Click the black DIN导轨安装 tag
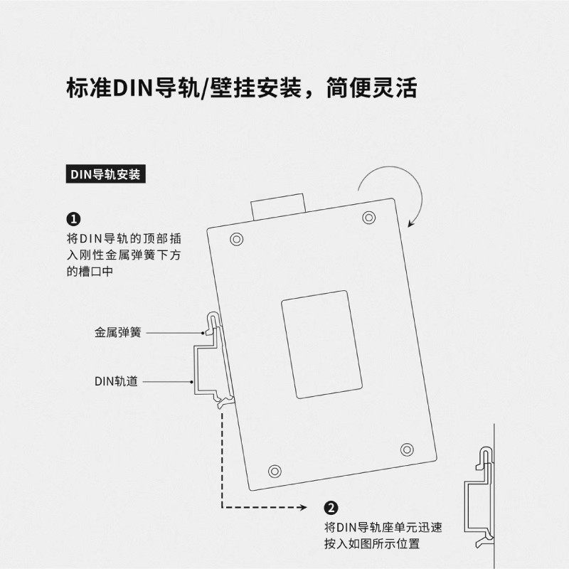point(105,175)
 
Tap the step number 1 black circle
point(73,218)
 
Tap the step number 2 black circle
point(331,508)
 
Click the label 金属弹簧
point(118,331)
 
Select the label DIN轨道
point(117,381)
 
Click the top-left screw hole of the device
point(237,240)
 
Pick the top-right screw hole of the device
point(368,217)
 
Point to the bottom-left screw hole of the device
point(275,470)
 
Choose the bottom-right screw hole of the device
point(407,449)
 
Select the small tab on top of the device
point(277,206)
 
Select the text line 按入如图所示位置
point(371,544)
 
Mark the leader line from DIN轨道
point(168,382)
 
